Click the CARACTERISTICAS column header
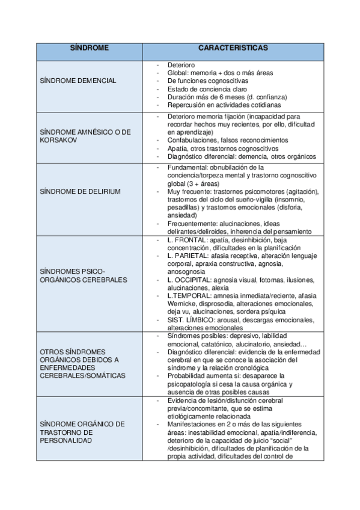pos(233,46)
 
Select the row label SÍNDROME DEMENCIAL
pos(77,81)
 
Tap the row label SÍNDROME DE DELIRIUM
pos(79,191)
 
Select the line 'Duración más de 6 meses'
pos(227,96)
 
